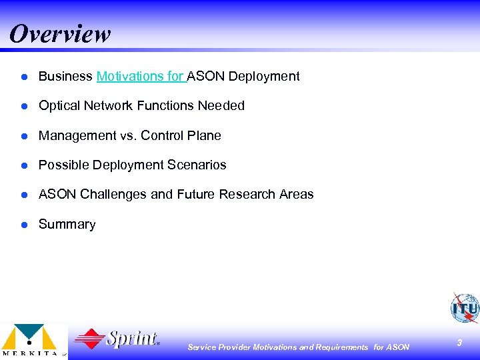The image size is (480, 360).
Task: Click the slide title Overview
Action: point(60,34)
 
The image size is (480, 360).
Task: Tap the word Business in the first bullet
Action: point(65,77)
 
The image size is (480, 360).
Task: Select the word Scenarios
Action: point(198,165)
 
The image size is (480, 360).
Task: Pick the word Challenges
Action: point(113,195)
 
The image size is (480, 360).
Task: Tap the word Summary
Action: point(67,225)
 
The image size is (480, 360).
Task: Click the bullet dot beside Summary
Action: point(23,225)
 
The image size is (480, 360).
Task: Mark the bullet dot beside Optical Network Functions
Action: point(23,106)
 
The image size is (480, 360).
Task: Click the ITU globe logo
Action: point(464,308)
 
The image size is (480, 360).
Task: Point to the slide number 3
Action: point(459,343)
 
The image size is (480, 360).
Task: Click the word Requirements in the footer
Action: point(341,347)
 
